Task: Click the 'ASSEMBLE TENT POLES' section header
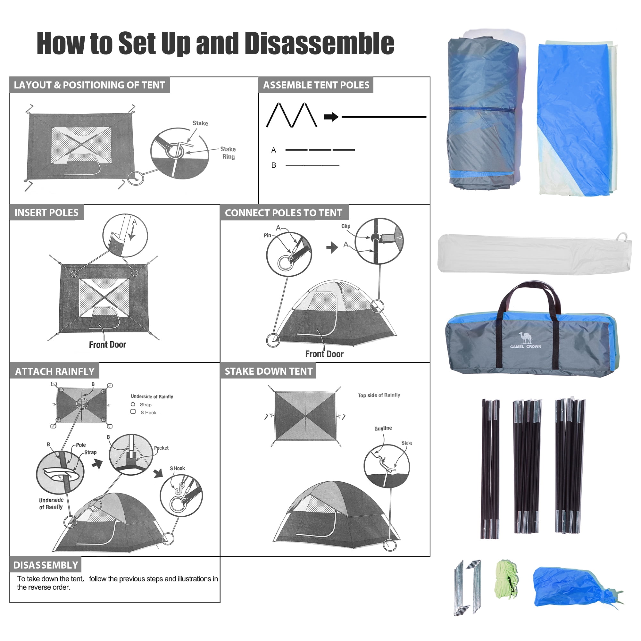pyautogui.click(x=316, y=85)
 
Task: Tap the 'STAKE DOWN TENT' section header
pyautogui.click(x=269, y=371)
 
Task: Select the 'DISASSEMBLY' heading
pyautogui.click(x=46, y=565)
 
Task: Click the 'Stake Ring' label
pyautogui.click(x=228, y=153)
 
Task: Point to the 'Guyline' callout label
pyautogui.click(x=383, y=428)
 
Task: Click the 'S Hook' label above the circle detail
pyautogui.click(x=178, y=469)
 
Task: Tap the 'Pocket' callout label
pyautogui.click(x=161, y=448)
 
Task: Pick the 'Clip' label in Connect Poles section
pyautogui.click(x=346, y=226)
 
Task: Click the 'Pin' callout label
pyautogui.click(x=267, y=235)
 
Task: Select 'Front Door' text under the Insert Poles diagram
pyautogui.click(x=107, y=345)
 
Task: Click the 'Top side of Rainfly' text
pyautogui.click(x=379, y=395)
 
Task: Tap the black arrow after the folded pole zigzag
pyautogui.click(x=331, y=117)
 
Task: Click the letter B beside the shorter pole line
pyautogui.click(x=274, y=165)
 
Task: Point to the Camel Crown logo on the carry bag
pyautogui.click(x=526, y=340)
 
